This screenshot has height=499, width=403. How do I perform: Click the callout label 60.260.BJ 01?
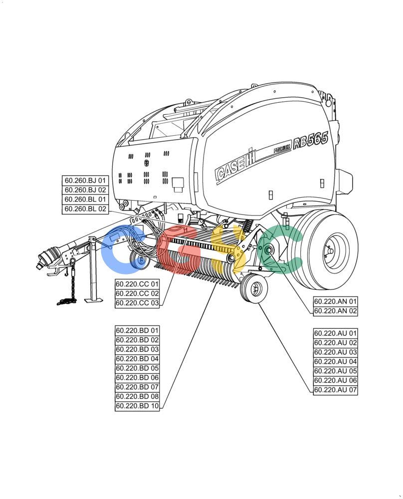[x=85, y=181]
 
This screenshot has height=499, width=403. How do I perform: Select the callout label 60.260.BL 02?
[x=85, y=209]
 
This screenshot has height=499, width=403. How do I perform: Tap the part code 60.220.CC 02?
[x=137, y=293]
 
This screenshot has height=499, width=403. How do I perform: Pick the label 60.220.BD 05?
[x=137, y=368]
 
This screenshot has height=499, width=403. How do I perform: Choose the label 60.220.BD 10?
[x=137, y=406]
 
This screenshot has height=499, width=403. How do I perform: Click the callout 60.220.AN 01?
[x=335, y=301]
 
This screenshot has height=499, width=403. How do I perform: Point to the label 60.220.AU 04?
[x=335, y=361]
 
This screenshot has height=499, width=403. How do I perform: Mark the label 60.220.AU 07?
[x=335, y=390]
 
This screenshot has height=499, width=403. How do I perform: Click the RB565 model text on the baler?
[x=310, y=140]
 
